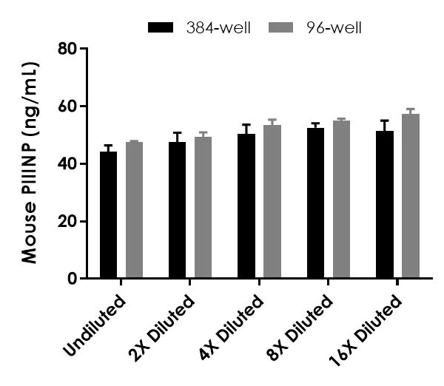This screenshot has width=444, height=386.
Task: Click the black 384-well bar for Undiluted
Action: click(x=109, y=215)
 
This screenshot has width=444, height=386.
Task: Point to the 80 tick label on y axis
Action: click(x=68, y=49)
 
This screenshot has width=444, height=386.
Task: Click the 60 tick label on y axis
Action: click(x=68, y=106)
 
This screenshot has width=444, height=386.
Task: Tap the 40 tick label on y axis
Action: click(x=68, y=163)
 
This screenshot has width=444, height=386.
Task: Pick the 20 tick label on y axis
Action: click(x=68, y=221)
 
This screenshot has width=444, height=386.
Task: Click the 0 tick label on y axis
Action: click(x=73, y=279)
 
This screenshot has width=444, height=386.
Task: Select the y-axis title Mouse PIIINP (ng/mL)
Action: click(x=30, y=163)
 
